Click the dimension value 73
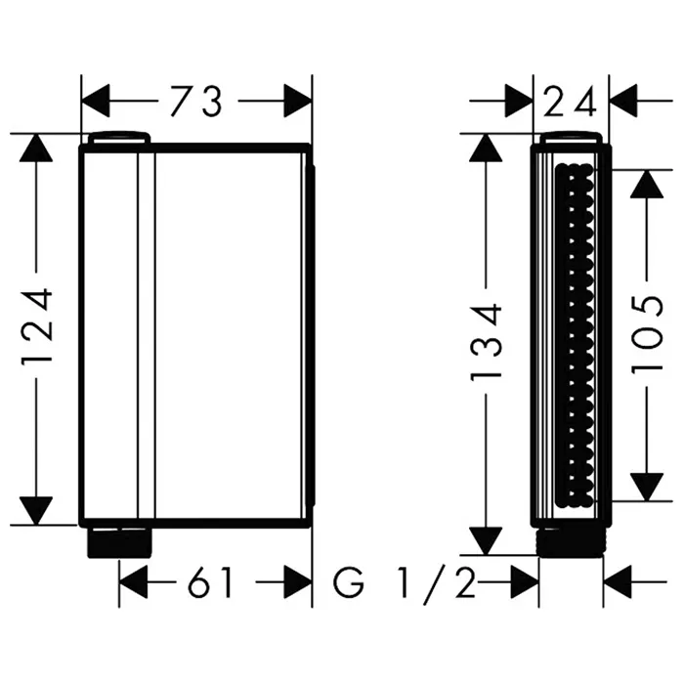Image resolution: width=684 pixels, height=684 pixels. tap(196, 102)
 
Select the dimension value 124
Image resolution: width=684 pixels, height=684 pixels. tap(37, 325)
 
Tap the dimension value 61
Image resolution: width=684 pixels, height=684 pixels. tap(209, 582)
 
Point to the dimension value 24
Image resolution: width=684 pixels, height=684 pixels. tap(570, 102)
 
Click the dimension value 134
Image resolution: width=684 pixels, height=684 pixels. tap(487, 342)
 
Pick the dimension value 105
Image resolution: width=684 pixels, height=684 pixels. tap(647, 335)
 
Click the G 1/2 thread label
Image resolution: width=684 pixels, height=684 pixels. tap(405, 582)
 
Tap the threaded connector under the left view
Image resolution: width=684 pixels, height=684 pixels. tap(119, 542)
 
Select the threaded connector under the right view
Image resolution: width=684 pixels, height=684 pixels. tap(571, 543)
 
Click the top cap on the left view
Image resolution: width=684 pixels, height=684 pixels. tap(119, 137)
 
